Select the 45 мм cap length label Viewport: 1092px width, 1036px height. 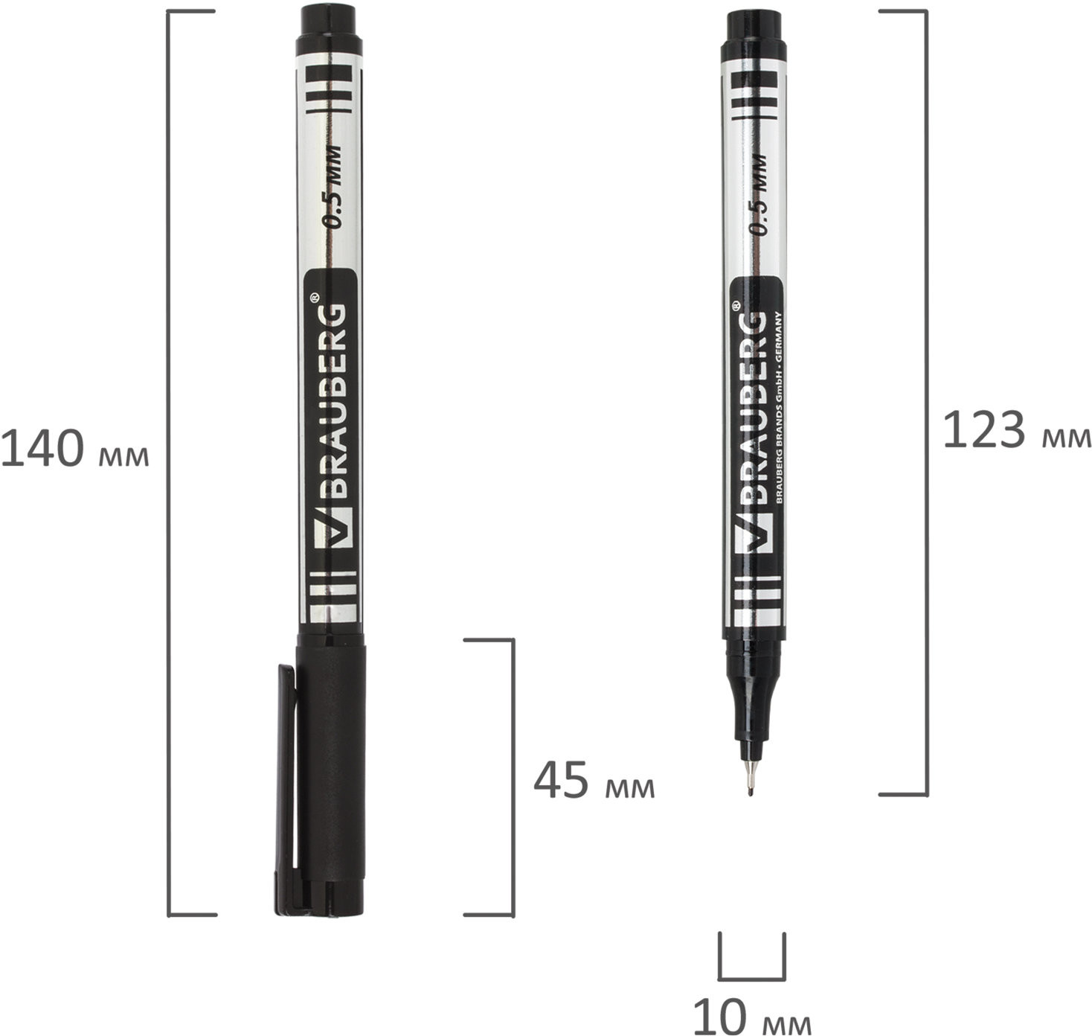pos(594,781)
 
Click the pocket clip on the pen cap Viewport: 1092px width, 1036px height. pos(286,789)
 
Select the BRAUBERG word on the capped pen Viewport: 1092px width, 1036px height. pos(333,401)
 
